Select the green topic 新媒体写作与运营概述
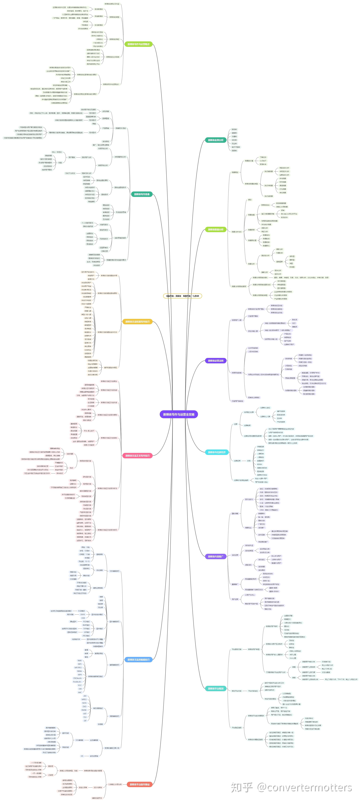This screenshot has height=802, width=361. pos(138,44)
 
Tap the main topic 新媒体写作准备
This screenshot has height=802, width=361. pos(142,194)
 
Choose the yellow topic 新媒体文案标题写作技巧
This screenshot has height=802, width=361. pos(137,322)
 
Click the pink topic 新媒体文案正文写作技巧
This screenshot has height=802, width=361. pos(137,456)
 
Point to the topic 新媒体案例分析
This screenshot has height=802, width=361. pos(216,140)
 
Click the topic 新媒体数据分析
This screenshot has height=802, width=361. pos(216,229)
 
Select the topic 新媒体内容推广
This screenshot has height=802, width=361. pos(216,556)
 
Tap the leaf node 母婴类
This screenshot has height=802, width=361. pos(234,151)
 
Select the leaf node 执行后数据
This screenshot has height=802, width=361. pos(268,196)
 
